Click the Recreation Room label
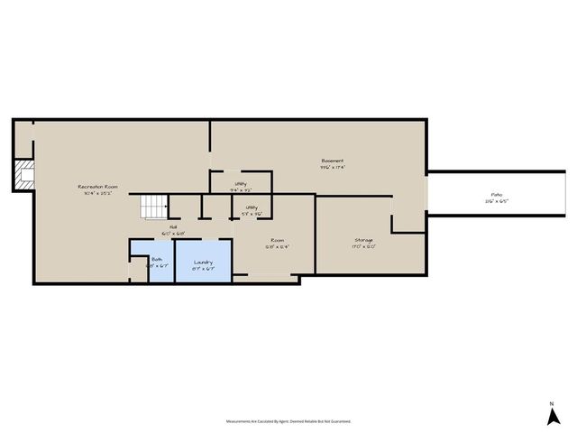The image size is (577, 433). pos(97,187)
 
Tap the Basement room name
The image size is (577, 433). pos(332,161)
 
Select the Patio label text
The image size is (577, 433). pos(496,194)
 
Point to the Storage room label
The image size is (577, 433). pos(364,240)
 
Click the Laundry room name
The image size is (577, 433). pos(204,262)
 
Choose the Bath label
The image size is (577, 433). pos(157,259)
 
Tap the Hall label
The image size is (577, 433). pos(173,226)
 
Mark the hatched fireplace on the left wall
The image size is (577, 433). pos(23,174)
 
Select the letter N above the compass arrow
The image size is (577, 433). pos(552,403)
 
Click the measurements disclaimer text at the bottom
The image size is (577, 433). pos(288,421)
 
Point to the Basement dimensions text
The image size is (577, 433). pos(332,167)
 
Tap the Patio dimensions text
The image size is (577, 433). pos(496,200)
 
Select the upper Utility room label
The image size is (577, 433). pos(241,184)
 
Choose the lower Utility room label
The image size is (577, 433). pos(252,207)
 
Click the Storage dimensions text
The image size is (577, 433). pos(364,246)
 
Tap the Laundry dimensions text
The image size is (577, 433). pos(204,268)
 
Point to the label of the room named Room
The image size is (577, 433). pos(277,240)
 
